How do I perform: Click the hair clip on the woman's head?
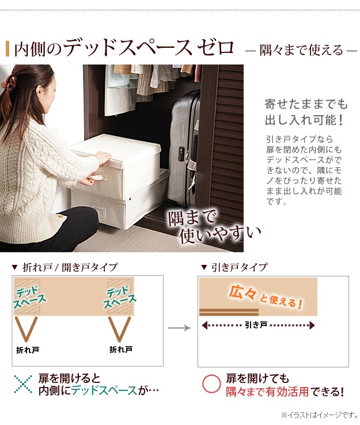(x=9, y=82)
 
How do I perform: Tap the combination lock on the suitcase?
(x=181, y=152)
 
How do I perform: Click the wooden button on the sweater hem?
(x=62, y=216)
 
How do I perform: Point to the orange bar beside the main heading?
(x=7, y=49)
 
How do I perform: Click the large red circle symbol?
(x=211, y=384)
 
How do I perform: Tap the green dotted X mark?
(x=23, y=384)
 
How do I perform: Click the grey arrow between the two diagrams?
(x=180, y=328)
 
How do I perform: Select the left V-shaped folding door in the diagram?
(x=26, y=329)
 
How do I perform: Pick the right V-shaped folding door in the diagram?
(x=120, y=329)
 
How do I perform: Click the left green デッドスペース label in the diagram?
(x=29, y=297)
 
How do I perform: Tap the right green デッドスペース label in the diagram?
(x=119, y=297)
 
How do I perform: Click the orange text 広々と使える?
(x=266, y=297)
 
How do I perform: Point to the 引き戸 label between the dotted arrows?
(x=256, y=325)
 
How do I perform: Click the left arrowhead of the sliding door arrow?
(x=204, y=325)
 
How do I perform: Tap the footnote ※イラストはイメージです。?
(x=320, y=415)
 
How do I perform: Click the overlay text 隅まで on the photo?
(x=192, y=218)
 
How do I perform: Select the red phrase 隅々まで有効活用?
(x=267, y=392)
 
